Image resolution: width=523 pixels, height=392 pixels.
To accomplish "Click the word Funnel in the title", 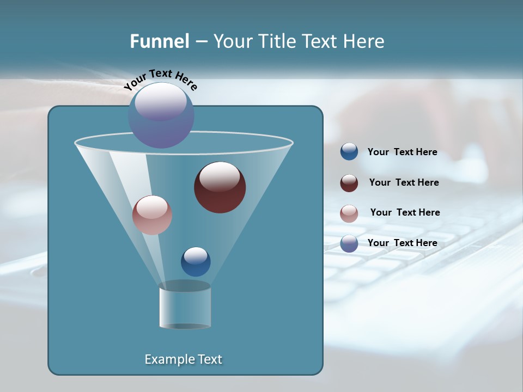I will pyautogui.click(x=160, y=41).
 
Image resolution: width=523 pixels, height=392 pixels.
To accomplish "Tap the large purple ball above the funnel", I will pyautogui.click(x=161, y=115).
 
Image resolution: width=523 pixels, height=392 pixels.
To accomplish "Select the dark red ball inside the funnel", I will pyautogui.click(x=220, y=188).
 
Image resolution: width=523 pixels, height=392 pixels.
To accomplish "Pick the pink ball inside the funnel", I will pyautogui.click(x=152, y=215).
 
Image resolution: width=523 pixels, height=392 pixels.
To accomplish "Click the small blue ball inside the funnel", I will pyautogui.click(x=196, y=262).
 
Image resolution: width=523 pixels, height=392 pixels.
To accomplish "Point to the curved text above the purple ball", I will pyautogui.click(x=161, y=79).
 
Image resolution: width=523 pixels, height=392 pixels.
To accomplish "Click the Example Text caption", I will pyautogui.click(x=183, y=359).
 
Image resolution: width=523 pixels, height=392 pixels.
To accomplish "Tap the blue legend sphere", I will pyautogui.click(x=349, y=152).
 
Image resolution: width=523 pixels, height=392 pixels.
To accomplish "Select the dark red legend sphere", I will pyautogui.click(x=349, y=183).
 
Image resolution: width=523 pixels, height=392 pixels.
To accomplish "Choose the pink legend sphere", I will pyautogui.click(x=349, y=213).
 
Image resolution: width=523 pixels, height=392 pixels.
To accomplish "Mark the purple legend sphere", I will pyautogui.click(x=349, y=243).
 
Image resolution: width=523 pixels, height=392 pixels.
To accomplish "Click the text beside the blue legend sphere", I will pyautogui.click(x=402, y=152).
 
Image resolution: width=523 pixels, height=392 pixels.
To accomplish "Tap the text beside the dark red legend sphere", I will pyautogui.click(x=404, y=183).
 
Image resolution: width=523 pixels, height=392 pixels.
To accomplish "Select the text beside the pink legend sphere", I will pyautogui.click(x=405, y=213).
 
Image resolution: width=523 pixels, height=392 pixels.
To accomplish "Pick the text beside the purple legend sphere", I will pyautogui.click(x=402, y=243).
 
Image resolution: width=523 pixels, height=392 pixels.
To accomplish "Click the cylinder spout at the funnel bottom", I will pyautogui.click(x=185, y=306).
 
